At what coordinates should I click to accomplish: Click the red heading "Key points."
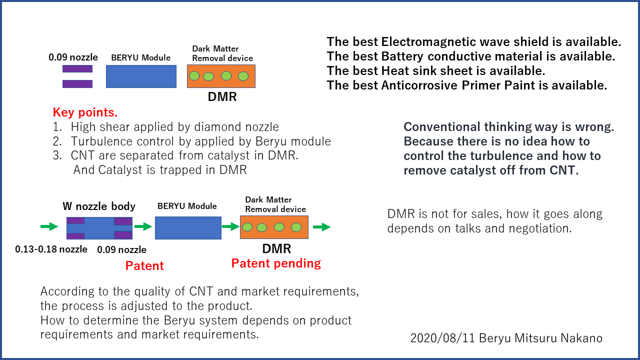pyautogui.click(x=85, y=112)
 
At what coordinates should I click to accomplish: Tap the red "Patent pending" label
pyautogui.click(x=276, y=263)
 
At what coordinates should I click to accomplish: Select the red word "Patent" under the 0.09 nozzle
pyautogui.click(x=144, y=265)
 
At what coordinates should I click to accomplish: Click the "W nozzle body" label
pyautogui.click(x=99, y=206)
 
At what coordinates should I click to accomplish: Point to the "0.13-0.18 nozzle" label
pyautogui.click(x=51, y=249)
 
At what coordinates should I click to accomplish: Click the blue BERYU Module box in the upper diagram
pyautogui.click(x=141, y=76)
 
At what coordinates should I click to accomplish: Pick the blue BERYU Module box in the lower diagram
pyautogui.click(x=188, y=227)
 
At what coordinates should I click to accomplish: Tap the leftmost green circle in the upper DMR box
pyautogui.click(x=194, y=76)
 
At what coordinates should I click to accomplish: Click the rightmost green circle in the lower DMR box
pyautogui.click(x=296, y=227)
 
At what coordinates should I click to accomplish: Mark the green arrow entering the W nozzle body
pyautogui.click(x=49, y=227)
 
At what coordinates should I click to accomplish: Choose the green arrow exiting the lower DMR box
pyautogui.click(x=321, y=227)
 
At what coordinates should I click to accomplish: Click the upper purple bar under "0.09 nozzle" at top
pyautogui.click(x=77, y=69)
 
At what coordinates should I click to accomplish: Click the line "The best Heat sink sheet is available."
pyautogui.click(x=435, y=70)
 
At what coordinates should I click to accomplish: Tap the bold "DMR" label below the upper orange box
pyautogui.click(x=222, y=97)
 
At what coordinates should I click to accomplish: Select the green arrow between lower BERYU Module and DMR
pyautogui.click(x=230, y=227)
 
